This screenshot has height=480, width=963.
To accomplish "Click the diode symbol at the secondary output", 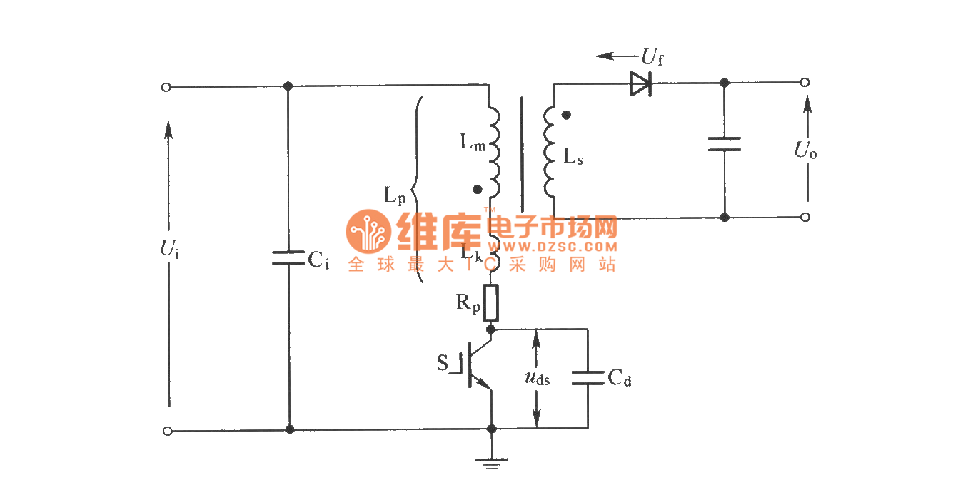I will (x=640, y=83).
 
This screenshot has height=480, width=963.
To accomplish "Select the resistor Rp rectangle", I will (x=490, y=302).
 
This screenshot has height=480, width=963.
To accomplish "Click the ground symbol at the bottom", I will (x=491, y=463).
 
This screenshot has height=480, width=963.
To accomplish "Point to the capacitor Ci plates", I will (x=288, y=258).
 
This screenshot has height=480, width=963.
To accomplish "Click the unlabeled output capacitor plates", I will (x=724, y=144).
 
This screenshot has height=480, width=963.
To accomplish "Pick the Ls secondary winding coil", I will (x=550, y=152).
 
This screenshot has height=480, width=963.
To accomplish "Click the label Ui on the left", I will (x=169, y=249).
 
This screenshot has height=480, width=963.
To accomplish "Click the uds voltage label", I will (x=536, y=378).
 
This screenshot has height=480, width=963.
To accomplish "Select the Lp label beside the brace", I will (x=395, y=197).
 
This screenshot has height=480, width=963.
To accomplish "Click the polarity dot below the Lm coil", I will (x=478, y=190).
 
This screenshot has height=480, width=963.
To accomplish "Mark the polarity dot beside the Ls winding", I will (x=566, y=114).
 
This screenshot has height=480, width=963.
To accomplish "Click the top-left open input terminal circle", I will (x=166, y=87).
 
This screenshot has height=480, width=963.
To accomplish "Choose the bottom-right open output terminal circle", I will (x=805, y=217).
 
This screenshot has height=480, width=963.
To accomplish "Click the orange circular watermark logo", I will (x=368, y=231).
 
